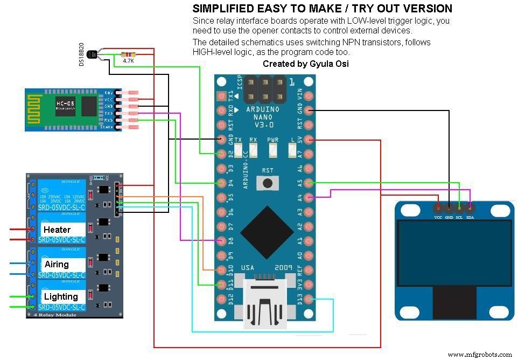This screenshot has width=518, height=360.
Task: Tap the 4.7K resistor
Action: (x=128, y=54)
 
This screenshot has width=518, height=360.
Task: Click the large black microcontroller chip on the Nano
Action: (x=267, y=232)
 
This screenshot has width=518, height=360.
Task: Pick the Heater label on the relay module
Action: (x=57, y=230)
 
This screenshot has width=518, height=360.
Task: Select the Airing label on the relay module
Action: (x=57, y=264)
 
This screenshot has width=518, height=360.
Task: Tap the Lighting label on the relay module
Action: (x=61, y=296)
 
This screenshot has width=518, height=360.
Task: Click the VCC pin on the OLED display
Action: (x=438, y=207)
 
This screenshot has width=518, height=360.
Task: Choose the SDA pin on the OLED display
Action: (x=470, y=207)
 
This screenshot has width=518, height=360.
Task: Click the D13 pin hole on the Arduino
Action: (x=309, y=299)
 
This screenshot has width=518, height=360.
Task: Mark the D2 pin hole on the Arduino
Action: (x=221, y=154)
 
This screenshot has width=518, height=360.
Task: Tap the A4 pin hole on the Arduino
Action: (x=309, y=198)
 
